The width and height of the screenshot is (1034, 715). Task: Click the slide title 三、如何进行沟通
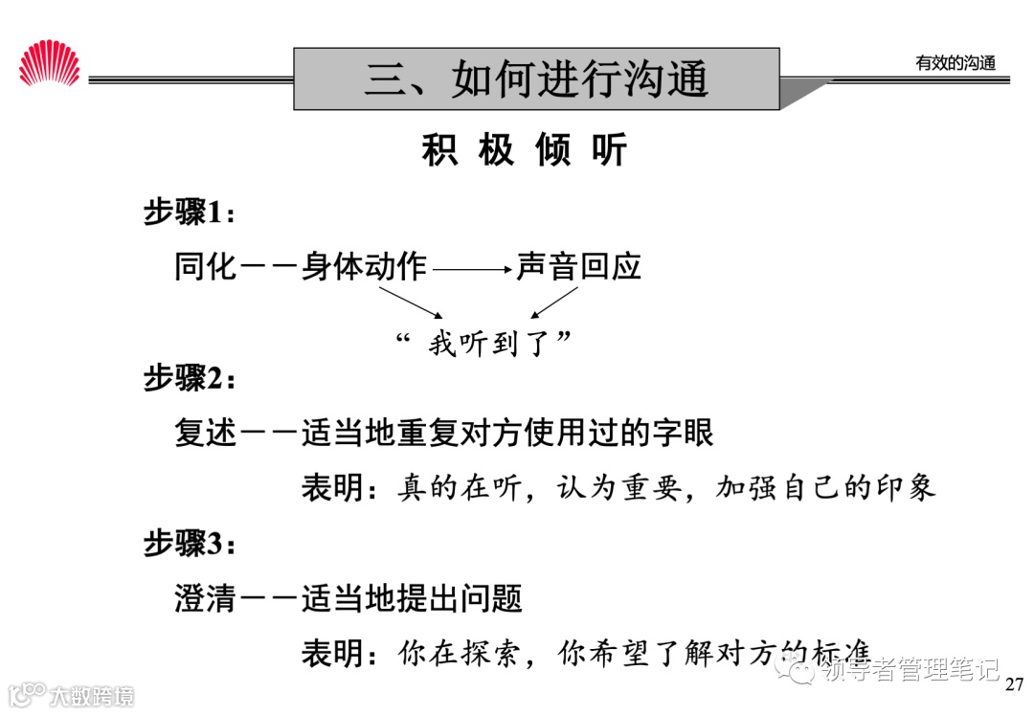tap(536, 78)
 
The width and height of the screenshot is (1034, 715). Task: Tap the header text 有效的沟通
tap(955, 63)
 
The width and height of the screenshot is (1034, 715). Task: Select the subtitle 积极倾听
tap(524, 151)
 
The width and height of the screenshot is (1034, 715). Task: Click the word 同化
tap(205, 266)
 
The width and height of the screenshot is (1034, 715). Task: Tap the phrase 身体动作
tap(364, 266)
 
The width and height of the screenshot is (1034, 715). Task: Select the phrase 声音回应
tap(578, 266)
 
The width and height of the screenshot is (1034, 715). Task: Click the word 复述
tap(205, 434)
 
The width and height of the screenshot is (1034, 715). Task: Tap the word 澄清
tap(205, 600)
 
